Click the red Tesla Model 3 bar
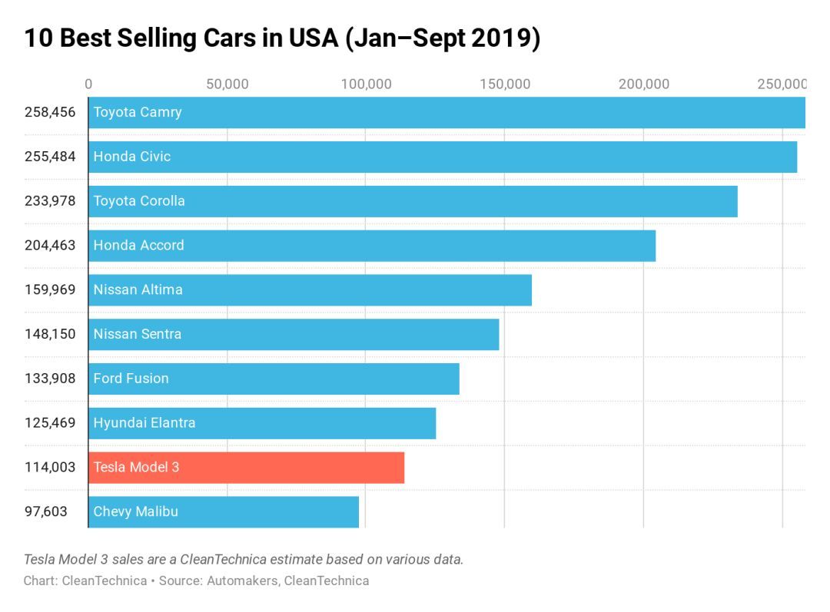click(x=246, y=467)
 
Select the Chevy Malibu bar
click(x=224, y=511)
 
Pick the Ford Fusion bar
click(x=274, y=379)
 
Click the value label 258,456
click(x=50, y=112)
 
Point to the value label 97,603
click(x=45, y=511)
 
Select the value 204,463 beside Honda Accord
click(x=50, y=246)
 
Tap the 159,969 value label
click(x=50, y=289)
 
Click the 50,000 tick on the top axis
click(x=227, y=84)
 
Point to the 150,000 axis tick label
click(x=505, y=84)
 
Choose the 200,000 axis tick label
click(x=643, y=84)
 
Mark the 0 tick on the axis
click(x=88, y=84)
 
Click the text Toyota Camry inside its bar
click(x=138, y=112)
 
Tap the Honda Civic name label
click(x=132, y=157)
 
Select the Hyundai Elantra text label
click(x=144, y=423)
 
